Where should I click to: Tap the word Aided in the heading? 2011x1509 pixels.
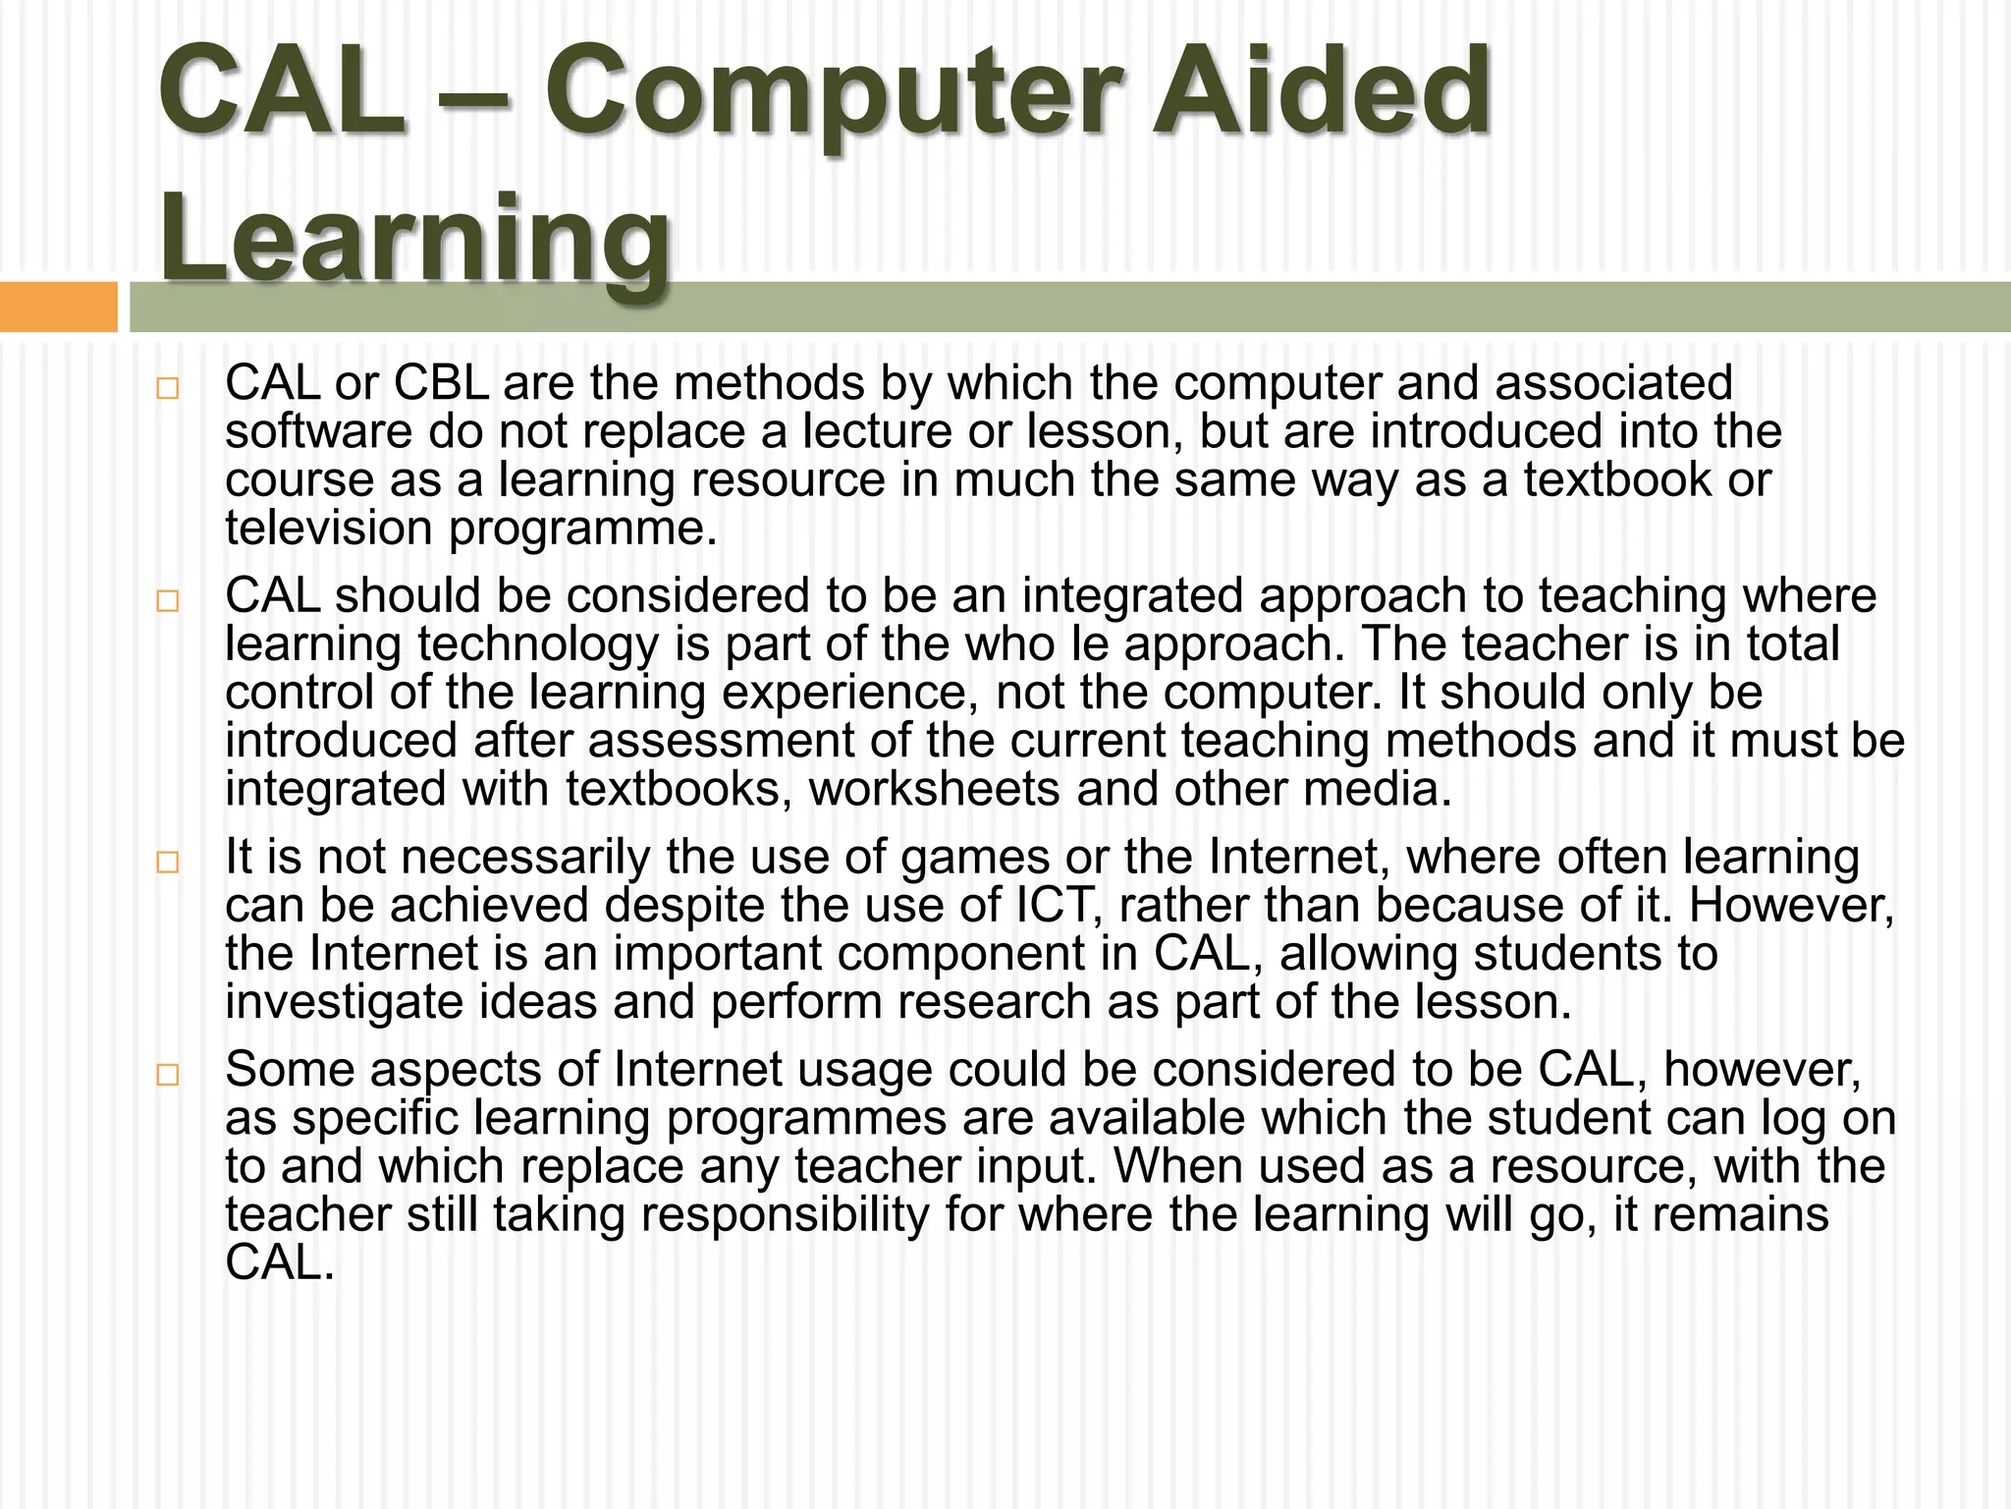point(1322,93)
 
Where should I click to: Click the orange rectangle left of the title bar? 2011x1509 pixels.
point(58,307)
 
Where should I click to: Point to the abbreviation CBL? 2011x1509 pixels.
point(441,383)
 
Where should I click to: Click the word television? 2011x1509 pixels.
point(328,529)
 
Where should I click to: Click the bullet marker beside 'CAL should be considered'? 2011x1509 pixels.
point(168,600)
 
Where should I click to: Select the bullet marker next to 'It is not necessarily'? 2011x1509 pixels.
point(168,862)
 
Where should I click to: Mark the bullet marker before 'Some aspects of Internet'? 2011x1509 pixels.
point(168,1074)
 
